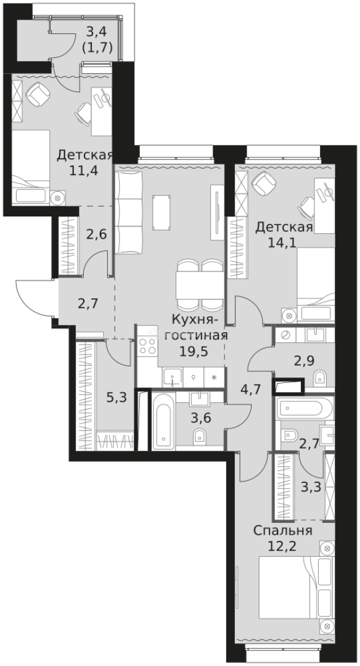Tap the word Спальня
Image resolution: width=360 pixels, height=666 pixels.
[x=282, y=530]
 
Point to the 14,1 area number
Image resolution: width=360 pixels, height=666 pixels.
[x=284, y=242]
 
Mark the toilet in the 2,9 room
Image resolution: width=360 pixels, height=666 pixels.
[x=320, y=378]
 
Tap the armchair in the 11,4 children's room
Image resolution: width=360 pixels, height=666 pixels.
[x=41, y=94]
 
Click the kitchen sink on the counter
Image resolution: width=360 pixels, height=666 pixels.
[x=172, y=376]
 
